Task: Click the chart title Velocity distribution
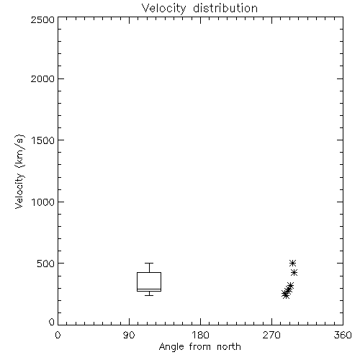[199, 9]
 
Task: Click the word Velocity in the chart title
[163, 9]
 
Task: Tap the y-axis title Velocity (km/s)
[19, 171]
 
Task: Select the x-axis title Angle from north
[199, 346]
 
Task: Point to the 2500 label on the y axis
[42, 19]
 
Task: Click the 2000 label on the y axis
[42, 78]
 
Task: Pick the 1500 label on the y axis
[43, 140]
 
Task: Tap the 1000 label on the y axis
[43, 202]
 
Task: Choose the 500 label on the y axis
[46, 264]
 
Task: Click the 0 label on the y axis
[52, 322]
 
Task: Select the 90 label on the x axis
[129, 335]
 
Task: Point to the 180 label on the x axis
[200, 335]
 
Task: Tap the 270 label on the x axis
[271, 335]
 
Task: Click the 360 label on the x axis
[343, 335]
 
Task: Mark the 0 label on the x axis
[58, 335]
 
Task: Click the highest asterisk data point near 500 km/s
[292, 263]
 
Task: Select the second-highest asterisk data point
[294, 273]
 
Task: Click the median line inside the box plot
[149, 289]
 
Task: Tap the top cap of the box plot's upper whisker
[149, 264]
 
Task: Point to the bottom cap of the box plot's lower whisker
[149, 295]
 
